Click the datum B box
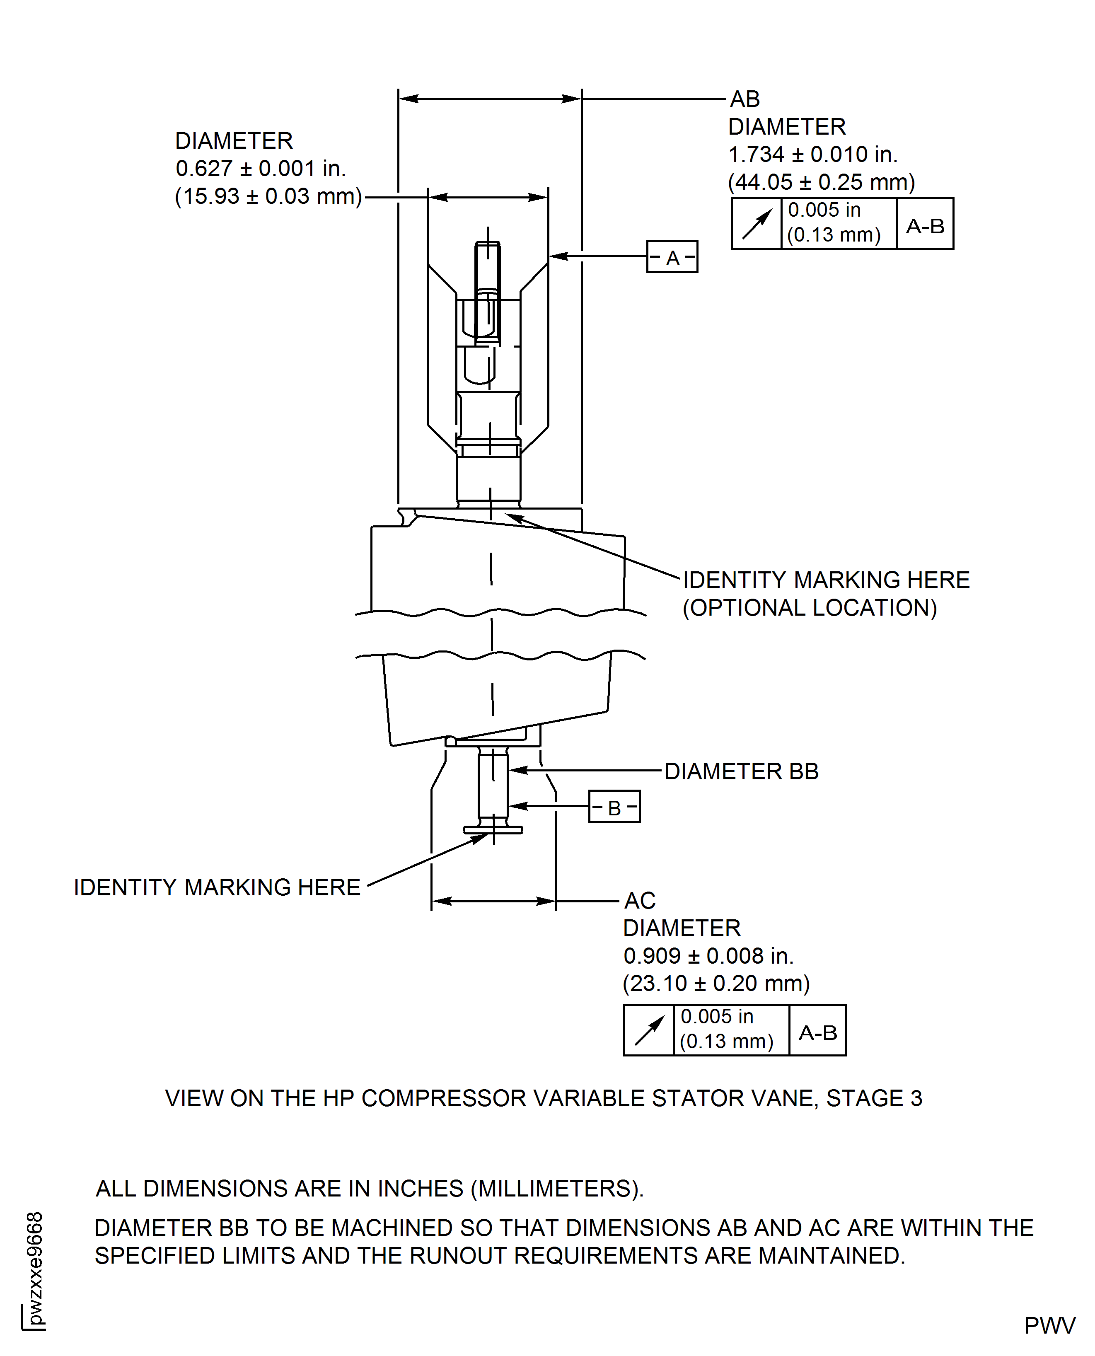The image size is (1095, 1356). click(614, 807)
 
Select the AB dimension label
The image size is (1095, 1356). click(745, 99)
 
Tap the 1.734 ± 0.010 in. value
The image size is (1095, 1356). click(812, 155)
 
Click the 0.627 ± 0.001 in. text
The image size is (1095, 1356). click(261, 168)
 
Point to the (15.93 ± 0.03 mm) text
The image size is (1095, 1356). click(268, 196)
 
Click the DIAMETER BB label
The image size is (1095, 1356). click(741, 771)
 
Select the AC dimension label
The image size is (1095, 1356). click(640, 901)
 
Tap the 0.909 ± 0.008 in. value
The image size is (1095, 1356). click(708, 956)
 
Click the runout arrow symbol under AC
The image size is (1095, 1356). click(649, 1030)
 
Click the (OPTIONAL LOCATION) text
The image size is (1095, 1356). click(810, 608)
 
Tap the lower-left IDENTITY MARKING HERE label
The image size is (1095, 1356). click(217, 887)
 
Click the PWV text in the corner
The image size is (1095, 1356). click(1049, 1326)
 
